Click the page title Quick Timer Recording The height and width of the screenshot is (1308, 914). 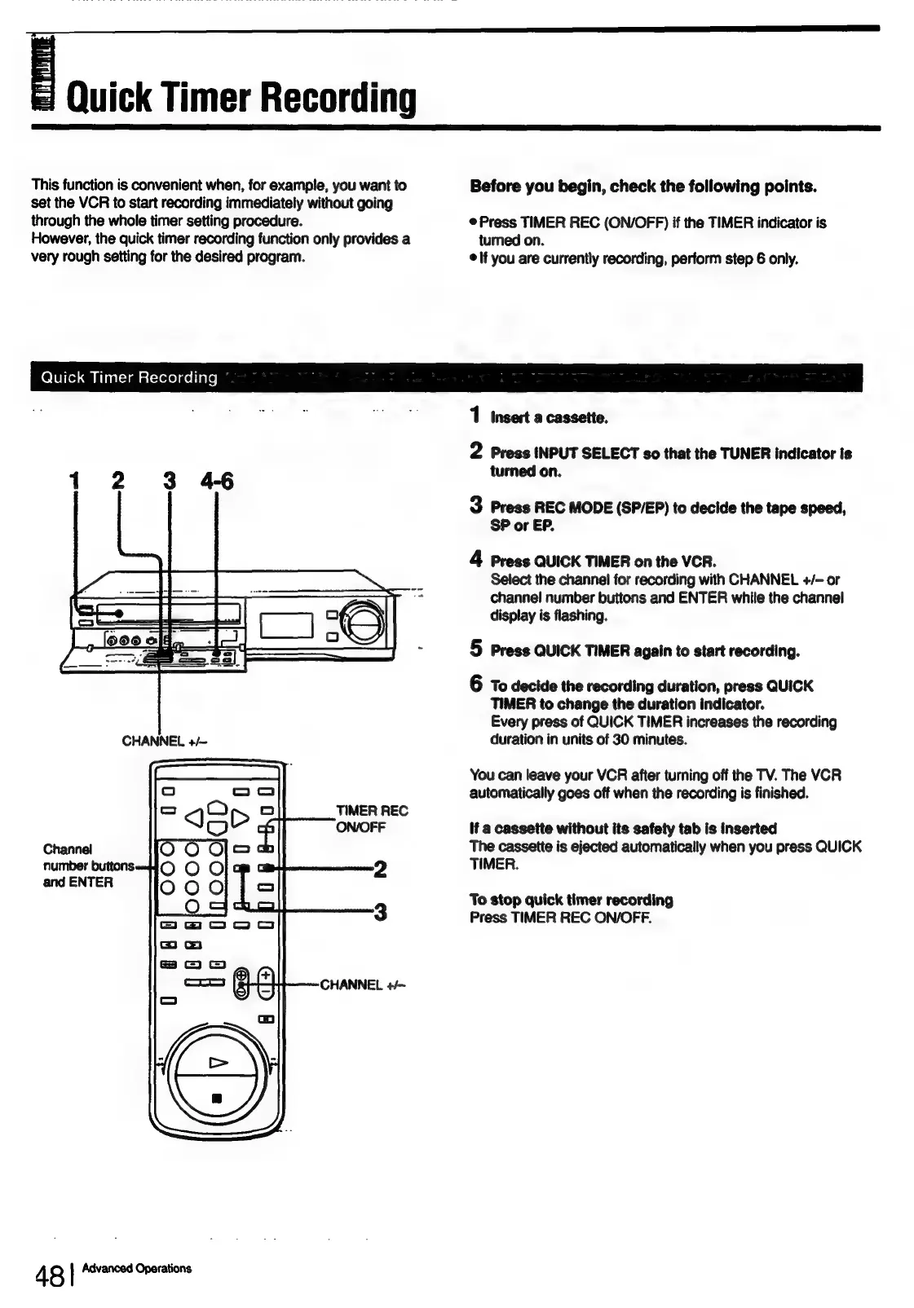click(x=241, y=98)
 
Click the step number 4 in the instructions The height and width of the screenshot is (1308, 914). click(x=477, y=559)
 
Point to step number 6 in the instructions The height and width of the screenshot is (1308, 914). click(x=477, y=685)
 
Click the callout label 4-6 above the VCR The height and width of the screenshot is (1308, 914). click(x=215, y=482)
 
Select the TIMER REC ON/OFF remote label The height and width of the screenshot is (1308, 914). click(x=371, y=818)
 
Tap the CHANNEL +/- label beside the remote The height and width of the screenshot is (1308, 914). click(x=362, y=984)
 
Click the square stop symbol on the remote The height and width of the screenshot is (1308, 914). click(x=217, y=1098)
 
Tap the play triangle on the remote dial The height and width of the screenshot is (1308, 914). click(x=218, y=1062)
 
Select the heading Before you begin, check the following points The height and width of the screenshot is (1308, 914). click(x=643, y=186)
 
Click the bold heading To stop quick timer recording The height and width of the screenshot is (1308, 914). click(x=571, y=900)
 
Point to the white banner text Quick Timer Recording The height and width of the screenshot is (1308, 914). click(x=129, y=377)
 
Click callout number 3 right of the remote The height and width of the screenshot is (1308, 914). click(x=379, y=912)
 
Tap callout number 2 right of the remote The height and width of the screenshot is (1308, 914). click(x=379, y=870)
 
